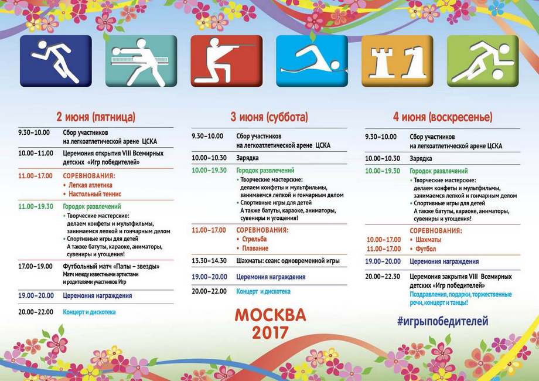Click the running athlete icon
coord(56,61)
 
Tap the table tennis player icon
coord(141,61)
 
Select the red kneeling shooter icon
coord(226,61)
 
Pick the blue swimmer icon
coord(312,61)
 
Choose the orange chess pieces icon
coord(397,61)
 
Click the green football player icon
coord(482,61)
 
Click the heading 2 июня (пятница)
coord(95,116)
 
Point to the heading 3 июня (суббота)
coord(269,117)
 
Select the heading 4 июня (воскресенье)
coord(442,117)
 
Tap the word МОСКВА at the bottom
coord(270,315)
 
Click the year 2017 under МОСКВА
coord(270,332)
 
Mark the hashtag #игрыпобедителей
coord(442,321)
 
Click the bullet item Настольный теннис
coord(94,194)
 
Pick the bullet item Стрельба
coord(254,239)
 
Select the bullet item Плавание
coord(255,249)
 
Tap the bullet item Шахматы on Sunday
coord(428,240)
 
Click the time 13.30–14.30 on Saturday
coord(209,261)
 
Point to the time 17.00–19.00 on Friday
coord(35,266)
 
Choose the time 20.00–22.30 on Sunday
coord(382,276)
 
